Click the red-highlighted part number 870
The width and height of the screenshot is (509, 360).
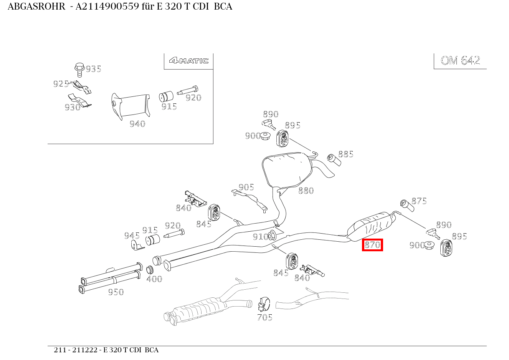coord(372,245)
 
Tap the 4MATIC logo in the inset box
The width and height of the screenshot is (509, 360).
coord(188,60)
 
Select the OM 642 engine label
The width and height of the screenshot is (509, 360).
coord(460,60)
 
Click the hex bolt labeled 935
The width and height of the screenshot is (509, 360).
coord(79,70)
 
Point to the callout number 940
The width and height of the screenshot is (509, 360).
coord(137,124)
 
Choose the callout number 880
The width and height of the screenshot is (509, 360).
coord(306,191)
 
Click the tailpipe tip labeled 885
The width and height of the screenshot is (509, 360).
coord(334,160)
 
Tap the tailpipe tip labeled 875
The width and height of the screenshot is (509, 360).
coord(407,206)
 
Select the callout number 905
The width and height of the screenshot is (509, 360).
coord(246,187)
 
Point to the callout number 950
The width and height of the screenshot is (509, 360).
coord(116,292)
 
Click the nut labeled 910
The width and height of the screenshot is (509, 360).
coord(272,235)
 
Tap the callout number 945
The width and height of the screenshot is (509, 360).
coord(132,236)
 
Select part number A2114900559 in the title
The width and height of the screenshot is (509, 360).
coord(107,7)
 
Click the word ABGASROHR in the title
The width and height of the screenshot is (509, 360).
coord(36,7)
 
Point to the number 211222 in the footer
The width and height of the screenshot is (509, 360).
coord(85,350)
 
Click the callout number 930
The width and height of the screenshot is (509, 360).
coord(73,107)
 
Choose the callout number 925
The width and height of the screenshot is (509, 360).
coord(61,84)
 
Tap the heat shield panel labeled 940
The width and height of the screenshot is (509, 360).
coord(131,106)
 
